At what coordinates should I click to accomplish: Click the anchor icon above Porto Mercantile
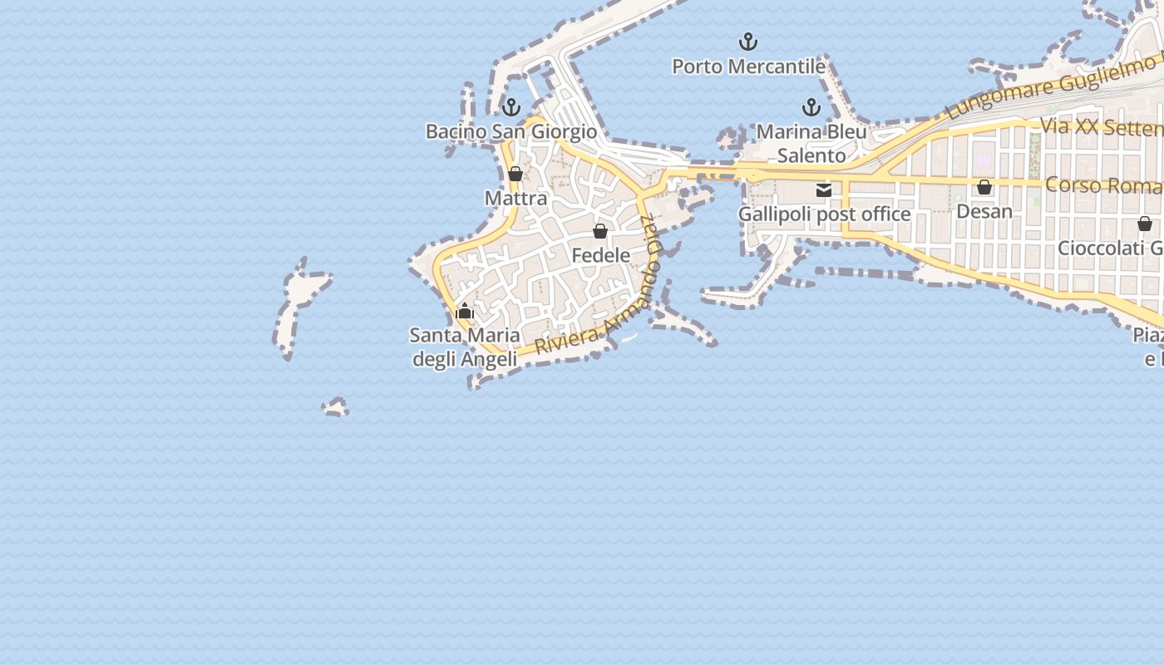coord(748,41)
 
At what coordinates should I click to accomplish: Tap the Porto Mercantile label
coord(748,66)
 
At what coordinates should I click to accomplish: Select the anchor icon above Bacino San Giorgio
coord(511,107)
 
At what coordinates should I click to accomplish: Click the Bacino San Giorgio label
coord(511,131)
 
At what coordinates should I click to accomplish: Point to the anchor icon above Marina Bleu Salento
coord(811,107)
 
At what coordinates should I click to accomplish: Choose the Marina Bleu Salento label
coord(811,143)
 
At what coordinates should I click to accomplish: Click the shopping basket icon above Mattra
coord(515,174)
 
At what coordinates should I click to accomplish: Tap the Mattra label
coord(515,198)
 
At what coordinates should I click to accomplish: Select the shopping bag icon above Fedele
coord(600,231)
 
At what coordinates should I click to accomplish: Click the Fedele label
coord(600,255)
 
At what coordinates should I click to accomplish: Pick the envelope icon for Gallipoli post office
coord(824,190)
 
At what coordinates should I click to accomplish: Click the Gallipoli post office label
coord(824,214)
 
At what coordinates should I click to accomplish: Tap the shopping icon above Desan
coord(984,187)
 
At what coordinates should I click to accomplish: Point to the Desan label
coord(984,211)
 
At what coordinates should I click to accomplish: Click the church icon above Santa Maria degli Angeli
coord(465,312)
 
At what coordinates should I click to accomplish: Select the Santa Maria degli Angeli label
coord(465,347)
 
